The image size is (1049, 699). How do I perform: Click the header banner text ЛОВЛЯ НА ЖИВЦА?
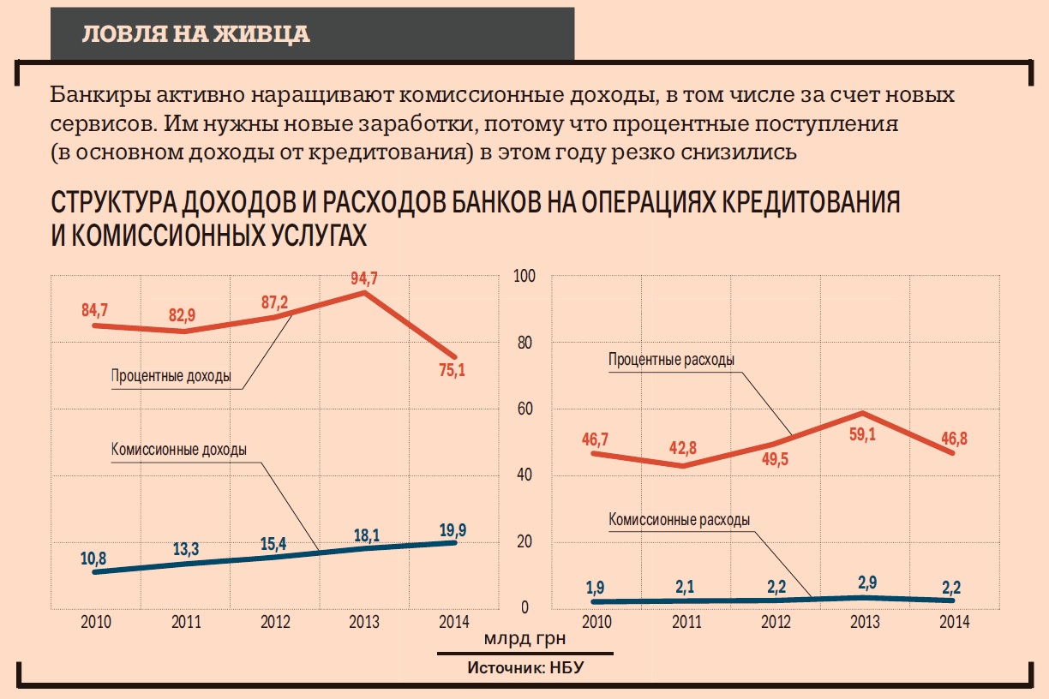pos(195,34)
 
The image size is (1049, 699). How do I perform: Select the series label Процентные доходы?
pos(171,375)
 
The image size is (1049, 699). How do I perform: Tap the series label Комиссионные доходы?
pos(179,449)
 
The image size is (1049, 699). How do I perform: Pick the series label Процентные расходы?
pos(671,360)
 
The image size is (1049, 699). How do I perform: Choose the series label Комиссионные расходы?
pos(680,519)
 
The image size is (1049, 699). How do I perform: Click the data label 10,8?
pos(94,559)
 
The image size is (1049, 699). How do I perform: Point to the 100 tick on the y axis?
pos(524,276)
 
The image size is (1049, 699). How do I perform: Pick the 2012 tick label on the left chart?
pos(275,622)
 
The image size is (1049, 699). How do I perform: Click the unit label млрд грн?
pos(524,639)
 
